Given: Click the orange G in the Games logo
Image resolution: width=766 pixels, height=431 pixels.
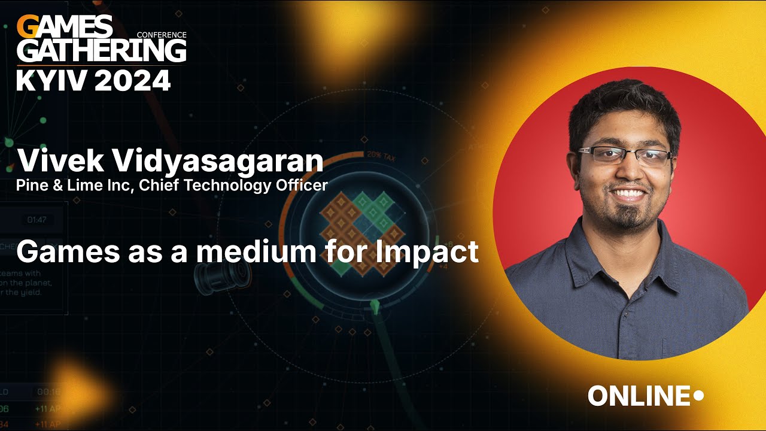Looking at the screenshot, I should (26, 27).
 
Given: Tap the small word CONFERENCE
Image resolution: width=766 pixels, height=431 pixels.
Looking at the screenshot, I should (162, 35).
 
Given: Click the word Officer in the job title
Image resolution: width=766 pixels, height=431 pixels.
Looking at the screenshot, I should (302, 186).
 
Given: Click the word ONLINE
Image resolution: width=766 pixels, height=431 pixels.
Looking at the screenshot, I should (639, 396).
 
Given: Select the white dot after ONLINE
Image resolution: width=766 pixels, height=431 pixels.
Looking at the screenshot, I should (698, 395).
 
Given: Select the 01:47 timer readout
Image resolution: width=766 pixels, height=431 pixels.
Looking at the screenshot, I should (37, 220).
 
